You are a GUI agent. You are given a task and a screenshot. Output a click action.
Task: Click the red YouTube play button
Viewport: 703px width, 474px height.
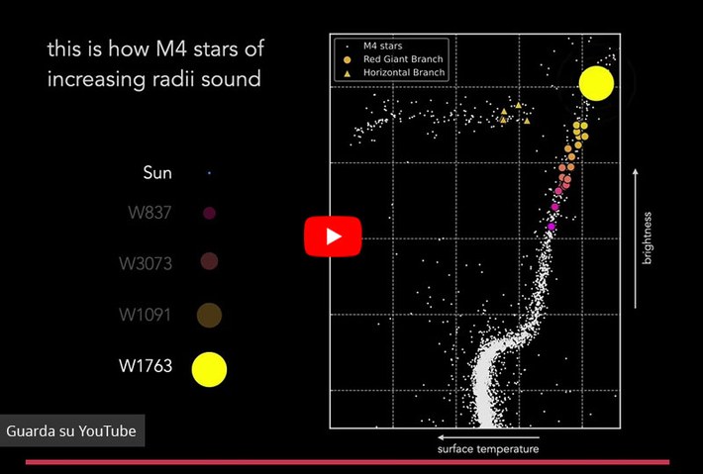332,237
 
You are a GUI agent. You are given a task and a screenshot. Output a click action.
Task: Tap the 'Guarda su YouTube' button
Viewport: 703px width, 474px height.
70,431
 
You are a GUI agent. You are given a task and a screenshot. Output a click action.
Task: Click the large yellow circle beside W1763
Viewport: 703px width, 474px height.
209,369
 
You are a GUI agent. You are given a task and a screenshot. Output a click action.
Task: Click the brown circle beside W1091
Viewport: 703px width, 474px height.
209,315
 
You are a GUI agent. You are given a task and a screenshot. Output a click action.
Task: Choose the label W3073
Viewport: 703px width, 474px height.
145,262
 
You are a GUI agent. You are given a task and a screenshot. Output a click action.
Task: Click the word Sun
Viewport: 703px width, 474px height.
157,173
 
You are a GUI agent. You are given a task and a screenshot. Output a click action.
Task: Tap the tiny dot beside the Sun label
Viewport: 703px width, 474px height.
209,173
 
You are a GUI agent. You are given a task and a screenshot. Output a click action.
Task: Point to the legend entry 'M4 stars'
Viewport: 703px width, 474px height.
383,46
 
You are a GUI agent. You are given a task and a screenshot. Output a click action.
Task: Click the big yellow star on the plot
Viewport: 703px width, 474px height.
595,84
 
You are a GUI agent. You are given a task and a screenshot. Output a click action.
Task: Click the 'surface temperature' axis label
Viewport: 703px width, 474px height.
488,449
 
